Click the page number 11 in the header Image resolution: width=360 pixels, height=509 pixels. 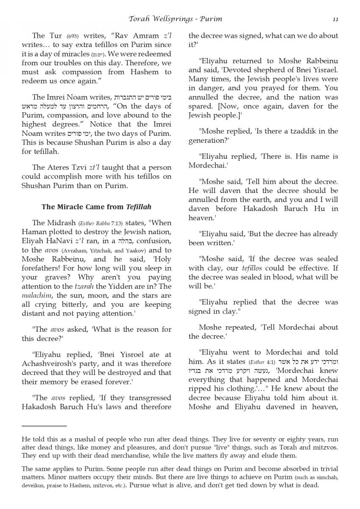coord(335,19)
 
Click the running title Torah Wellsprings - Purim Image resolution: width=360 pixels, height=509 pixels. coord(176,19)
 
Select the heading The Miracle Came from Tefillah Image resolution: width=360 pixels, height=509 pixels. coord(96,207)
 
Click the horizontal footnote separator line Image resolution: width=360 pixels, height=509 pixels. coord(44,425)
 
